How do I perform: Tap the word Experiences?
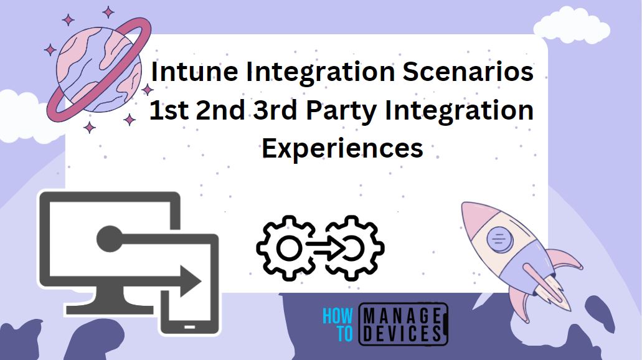(342, 148)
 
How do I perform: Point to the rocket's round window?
(498, 237)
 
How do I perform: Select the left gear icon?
(287, 249)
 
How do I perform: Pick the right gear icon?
(354, 249)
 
